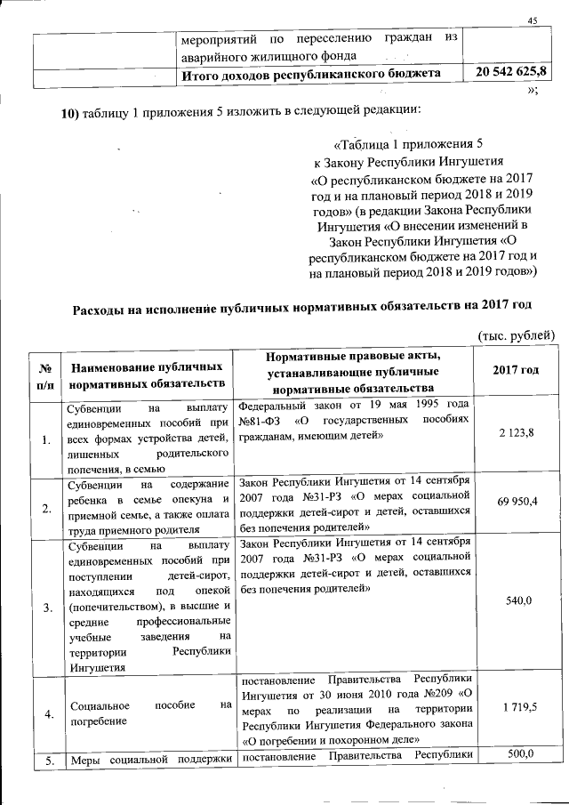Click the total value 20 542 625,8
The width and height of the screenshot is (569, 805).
(512, 70)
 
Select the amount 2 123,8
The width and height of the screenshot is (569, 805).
(517, 432)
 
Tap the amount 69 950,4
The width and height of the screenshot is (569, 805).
(517, 502)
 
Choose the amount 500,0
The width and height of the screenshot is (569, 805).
(517, 754)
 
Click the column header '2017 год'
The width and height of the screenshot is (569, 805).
(516, 370)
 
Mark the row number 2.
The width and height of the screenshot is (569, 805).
(44, 508)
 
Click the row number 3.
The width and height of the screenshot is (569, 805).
(44, 608)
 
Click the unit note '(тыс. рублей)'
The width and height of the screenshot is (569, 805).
(517, 334)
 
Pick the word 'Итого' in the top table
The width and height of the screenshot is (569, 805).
(202, 72)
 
